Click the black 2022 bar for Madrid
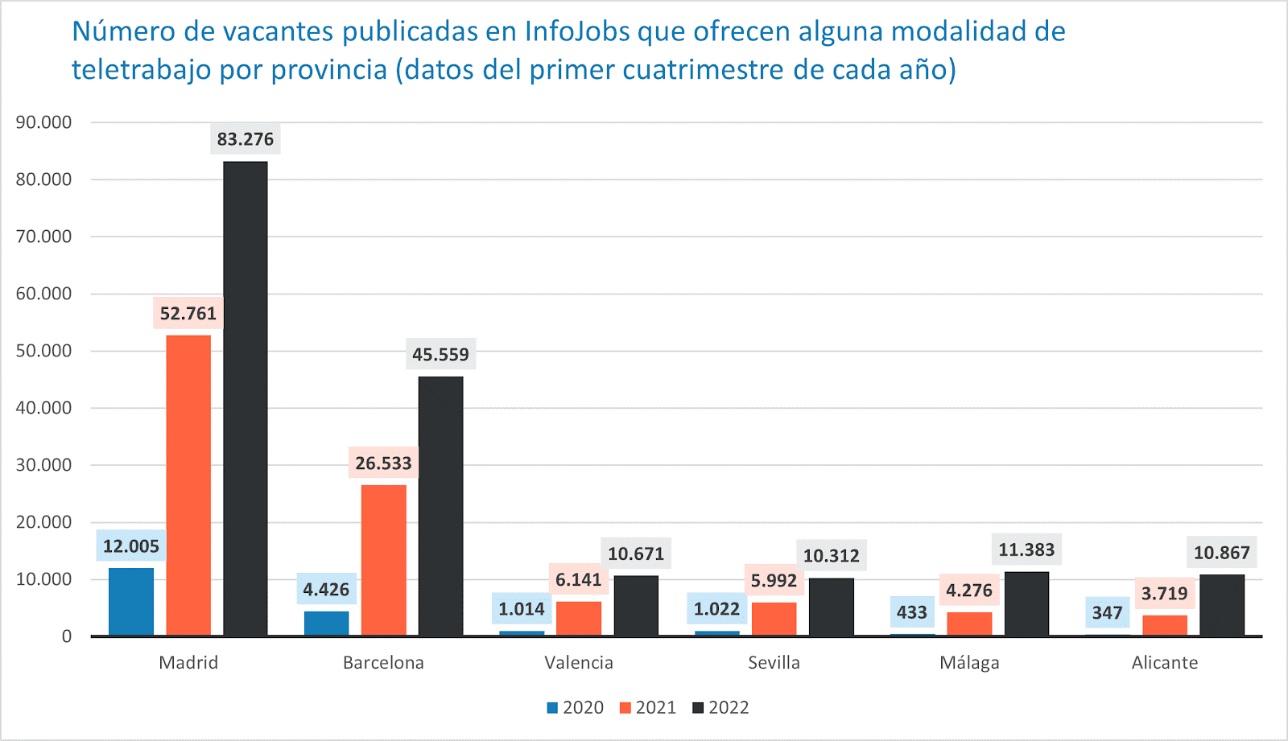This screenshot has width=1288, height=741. click(246, 398)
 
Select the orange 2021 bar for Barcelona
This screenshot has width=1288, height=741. click(384, 560)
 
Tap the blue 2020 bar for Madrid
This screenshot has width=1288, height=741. click(131, 602)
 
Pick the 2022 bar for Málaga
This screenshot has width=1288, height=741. click(1026, 603)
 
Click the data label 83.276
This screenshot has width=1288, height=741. click(246, 139)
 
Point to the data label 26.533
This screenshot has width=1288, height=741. click(383, 463)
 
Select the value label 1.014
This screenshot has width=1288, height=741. click(522, 609)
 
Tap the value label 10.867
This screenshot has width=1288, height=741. click(1221, 553)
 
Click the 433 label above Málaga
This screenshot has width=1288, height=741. click(912, 612)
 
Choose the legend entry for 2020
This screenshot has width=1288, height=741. click(576, 707)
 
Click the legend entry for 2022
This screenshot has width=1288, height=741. click(721, 707)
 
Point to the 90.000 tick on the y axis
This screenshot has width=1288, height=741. click(43, 122)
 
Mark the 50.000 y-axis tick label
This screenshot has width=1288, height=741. click(43, 351)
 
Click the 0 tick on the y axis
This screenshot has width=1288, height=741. click(67, 636)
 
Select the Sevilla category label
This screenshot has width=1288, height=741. click(774, 662)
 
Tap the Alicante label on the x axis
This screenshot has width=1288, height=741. click(1164, 662)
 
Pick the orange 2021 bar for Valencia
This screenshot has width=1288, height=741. click(579, 619)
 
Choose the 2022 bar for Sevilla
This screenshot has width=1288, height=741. click(832, 607)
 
